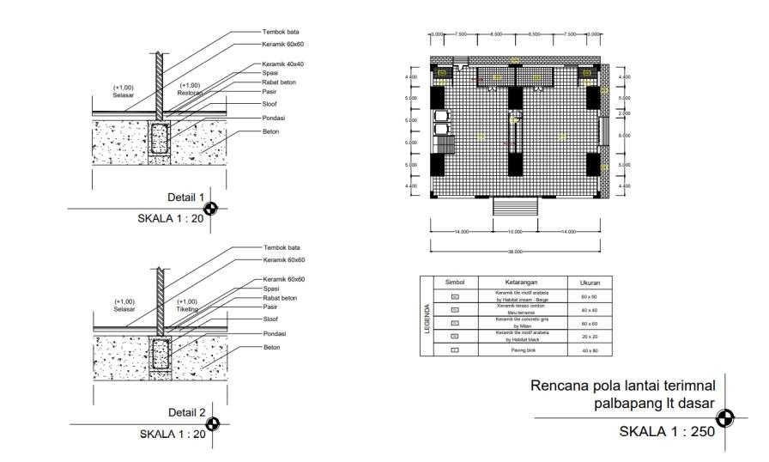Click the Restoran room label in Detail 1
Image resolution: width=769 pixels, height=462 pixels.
191,92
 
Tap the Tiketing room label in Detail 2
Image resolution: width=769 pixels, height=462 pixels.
187,308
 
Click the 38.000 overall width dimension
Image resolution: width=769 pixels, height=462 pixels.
515,252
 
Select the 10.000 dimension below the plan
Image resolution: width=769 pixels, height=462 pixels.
515,231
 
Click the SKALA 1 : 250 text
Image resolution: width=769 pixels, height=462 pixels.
667,431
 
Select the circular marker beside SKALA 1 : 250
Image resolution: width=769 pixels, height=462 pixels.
726,418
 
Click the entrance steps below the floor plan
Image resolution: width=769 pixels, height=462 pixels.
515,207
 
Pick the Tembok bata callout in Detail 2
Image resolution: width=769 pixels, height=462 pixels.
281,246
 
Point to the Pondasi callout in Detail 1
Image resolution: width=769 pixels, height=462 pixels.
275,118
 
